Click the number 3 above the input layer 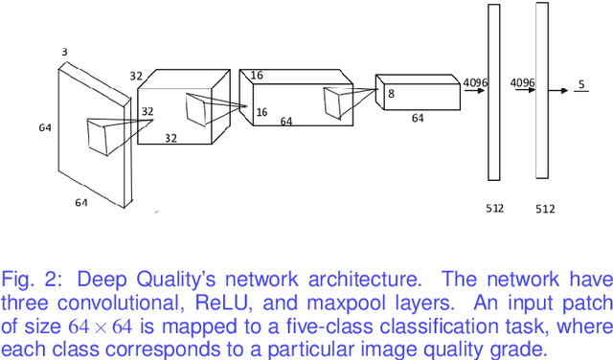(65, 53)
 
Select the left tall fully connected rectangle (494, 92)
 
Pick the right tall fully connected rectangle (542, 90)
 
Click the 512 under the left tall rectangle (494, 207)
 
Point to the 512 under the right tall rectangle (545, 208)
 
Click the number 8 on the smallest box (391, 95)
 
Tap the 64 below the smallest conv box (417, 119)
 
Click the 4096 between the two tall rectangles (522, 82)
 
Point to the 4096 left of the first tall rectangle (475, 82)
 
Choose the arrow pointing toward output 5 (564, 93)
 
